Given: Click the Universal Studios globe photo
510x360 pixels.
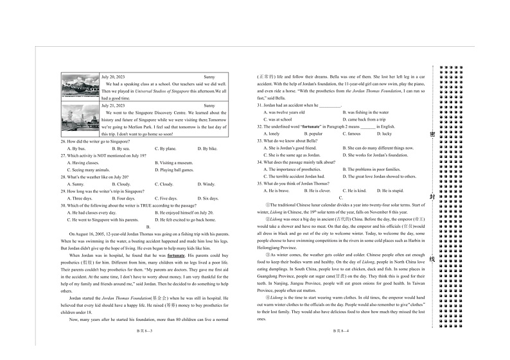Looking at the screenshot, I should (80, 87).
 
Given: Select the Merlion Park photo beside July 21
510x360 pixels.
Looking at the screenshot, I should (80, 117).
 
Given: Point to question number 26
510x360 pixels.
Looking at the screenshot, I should (64, 141).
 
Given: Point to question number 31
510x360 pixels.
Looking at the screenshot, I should (260, 105).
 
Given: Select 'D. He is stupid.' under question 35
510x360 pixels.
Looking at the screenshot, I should (389, 191).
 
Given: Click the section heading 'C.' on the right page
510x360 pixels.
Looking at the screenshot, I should (341, 198).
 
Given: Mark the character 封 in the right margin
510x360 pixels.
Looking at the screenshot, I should (432, 197).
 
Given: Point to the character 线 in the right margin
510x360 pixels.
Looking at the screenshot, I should (432, 259).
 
